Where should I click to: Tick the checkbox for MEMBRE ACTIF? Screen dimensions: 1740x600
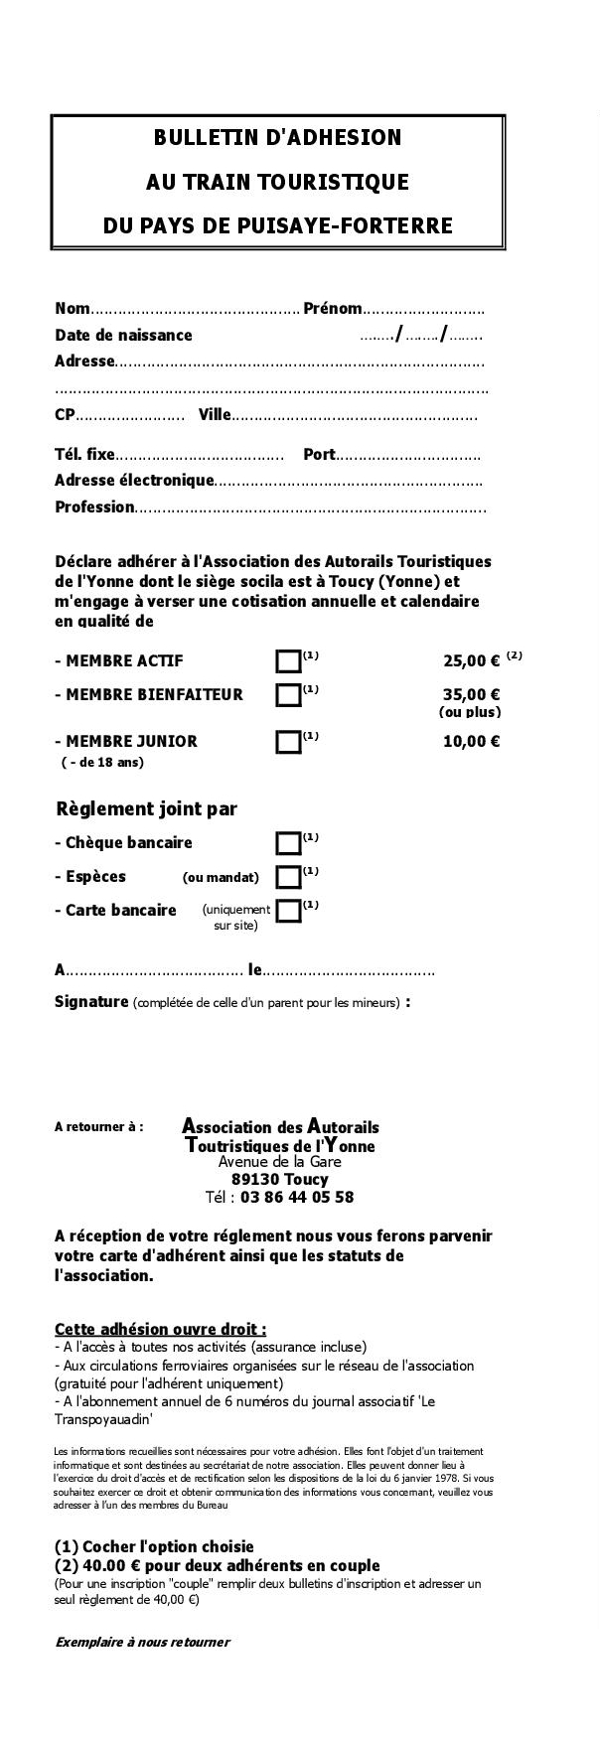pos(288,661)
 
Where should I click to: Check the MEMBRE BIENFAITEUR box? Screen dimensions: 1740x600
pos(288,694)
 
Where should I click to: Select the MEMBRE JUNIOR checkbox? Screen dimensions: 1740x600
pos(288,741)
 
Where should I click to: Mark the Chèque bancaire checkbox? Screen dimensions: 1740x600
pos(288,843)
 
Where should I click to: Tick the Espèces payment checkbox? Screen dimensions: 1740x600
pos(288,877)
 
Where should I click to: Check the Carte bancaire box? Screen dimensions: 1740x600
pos(288,911)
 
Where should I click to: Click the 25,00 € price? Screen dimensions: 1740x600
pos(471,661)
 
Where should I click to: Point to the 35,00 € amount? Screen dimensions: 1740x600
pos(471,694)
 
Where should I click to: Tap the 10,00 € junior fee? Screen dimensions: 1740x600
pos(471,741)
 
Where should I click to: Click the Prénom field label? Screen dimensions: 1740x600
pos(332,309)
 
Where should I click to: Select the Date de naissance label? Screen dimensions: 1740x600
pos(123,336)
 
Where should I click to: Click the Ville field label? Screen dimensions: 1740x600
pos(215,415)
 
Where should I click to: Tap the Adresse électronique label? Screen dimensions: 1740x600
pos(134,481)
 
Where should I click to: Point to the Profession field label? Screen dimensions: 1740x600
pos(94,507)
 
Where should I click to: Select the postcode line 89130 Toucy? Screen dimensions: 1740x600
pos(279,1179)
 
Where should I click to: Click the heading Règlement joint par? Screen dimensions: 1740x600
pos(146,809)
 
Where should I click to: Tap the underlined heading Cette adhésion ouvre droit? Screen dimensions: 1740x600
pos(160,1329)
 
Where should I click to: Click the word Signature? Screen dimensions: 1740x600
pos(91,1001)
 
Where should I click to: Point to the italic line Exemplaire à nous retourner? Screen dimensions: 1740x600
pos(142,1642)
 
